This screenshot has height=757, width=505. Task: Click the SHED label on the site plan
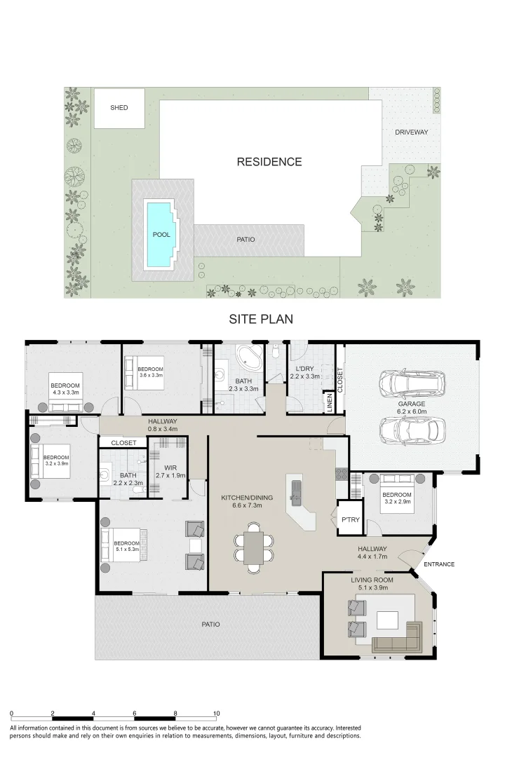pyautogui.click(x=119, y=108)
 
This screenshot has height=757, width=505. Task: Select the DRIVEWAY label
pyautogui.click(x=411, y=132)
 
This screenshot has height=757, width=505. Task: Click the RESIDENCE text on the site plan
pyautogui.click(x=269, y=162)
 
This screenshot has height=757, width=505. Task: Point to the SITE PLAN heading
pyautogui.click(x=261, y=319)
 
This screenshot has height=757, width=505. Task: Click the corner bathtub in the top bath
pyautogui.click(x=250, y=357)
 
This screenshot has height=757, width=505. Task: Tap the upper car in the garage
pyautogui.click(x=412, y=383)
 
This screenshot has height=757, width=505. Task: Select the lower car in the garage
pyautogui.click(x=412, y=430)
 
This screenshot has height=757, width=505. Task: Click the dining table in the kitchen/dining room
pyautogui.click(x=253, y=547)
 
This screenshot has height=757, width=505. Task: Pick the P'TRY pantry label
pyautogui.click(x=351, y=519)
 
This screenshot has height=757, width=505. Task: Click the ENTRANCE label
pyautogui.click(x=439, y=564)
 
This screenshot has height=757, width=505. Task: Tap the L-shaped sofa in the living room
pyautogui.click(x=399, y=636)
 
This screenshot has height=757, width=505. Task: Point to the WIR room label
pyautogui.click(x=170, y=468)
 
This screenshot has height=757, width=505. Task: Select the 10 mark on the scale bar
pyautogui.click(x=217, y=713)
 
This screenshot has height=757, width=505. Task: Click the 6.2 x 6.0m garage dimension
pyautogui.click(x=412, y=411)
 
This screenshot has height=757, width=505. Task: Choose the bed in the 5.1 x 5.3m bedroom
pyautogui.click(x=123, y=545)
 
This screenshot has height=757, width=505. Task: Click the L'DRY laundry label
pyautogui.click(x=304, y=369)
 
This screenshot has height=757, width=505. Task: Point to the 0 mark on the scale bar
pyautogui.click(x=12, y=713)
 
